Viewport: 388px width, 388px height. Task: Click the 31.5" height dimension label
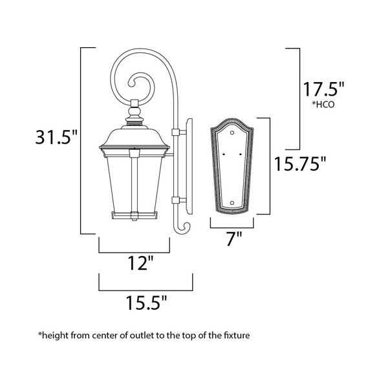pos(56,137)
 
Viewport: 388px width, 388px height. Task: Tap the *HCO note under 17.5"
pos(323,104)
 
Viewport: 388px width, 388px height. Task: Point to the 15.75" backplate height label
pos(301,164)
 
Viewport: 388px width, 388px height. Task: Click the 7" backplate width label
pos(234,239)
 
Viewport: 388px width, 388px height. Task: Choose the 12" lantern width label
pos(140,263)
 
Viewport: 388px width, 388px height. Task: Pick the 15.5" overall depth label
pos(147,303)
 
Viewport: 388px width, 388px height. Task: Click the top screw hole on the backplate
pos(232,133)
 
